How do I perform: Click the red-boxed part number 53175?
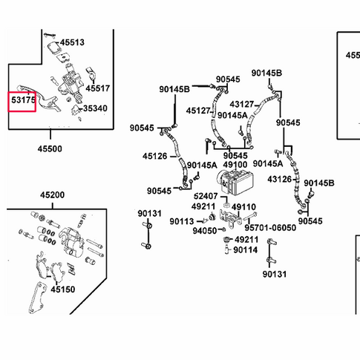point(24,100)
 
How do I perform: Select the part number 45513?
point(72,42)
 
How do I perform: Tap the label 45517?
point(97,88)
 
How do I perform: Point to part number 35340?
point(95,108)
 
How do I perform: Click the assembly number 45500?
point(50,148)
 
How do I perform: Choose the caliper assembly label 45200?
point(53,195)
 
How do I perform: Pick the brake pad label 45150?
point(63,289)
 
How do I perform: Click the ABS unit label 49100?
point(235,165)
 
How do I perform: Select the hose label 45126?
point(154,156)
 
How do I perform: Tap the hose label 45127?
point(198,111)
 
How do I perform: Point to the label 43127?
point(242,104)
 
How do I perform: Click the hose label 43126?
point(280,179)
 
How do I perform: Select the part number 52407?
point(206,196)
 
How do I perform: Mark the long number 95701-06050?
point(270,228)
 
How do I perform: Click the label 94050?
point(205,231)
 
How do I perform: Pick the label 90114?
point(246,250)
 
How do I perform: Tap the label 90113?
point(182,221)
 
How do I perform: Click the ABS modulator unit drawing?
point(235,183)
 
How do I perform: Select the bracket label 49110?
point(243,207)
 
